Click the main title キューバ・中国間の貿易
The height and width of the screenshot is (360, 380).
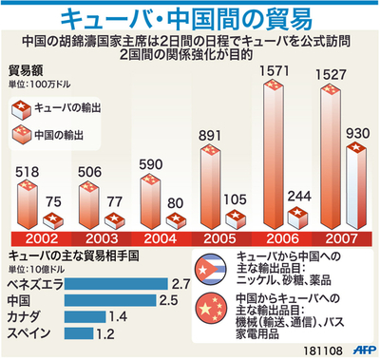(190, 17)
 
